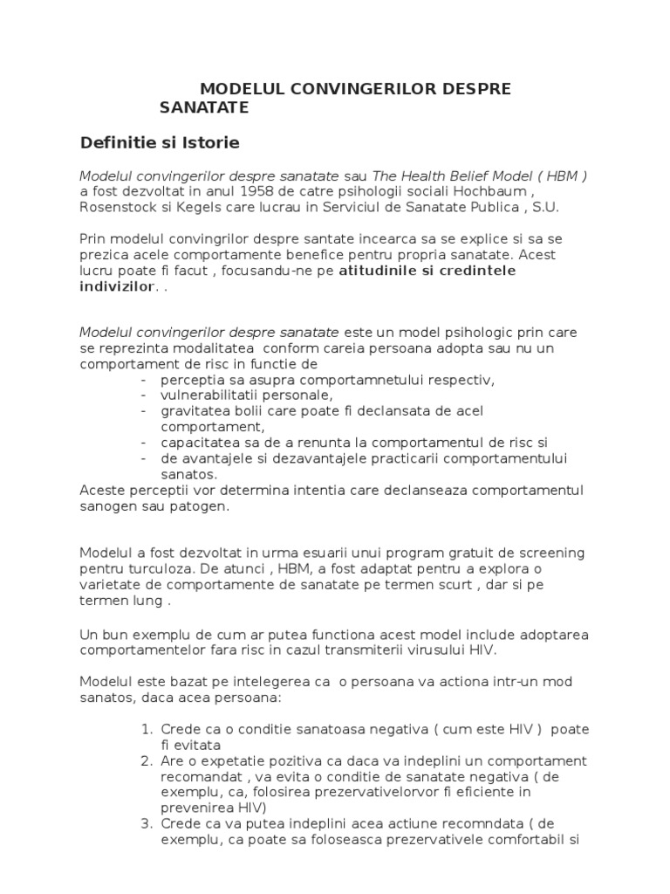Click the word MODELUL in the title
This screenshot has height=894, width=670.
238,89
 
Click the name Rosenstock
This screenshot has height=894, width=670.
121,207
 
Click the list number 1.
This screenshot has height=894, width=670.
146,729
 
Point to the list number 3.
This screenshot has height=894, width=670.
146,823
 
